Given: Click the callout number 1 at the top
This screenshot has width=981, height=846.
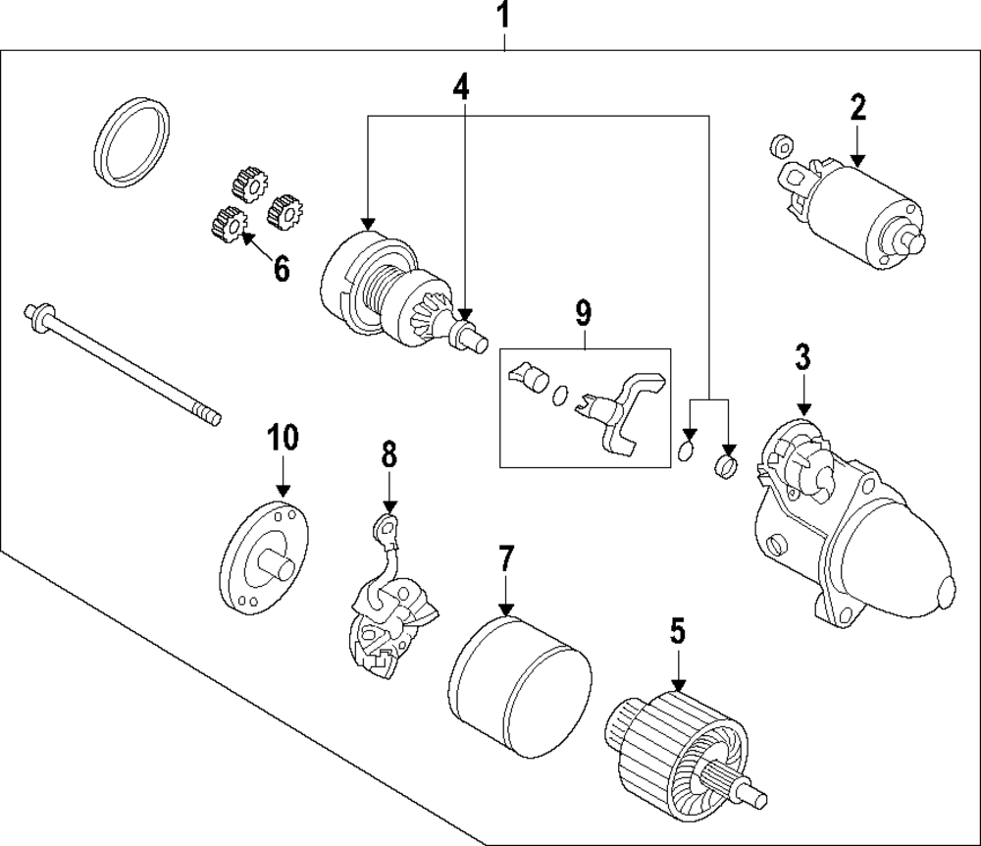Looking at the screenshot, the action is pos(503,16).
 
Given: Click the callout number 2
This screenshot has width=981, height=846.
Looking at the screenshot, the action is pos(857,107).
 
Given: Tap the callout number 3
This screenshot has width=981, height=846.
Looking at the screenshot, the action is pos(802,356).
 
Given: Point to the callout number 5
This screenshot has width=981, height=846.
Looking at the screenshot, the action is pos(678,631).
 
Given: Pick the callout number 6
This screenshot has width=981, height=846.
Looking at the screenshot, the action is pos(282,269).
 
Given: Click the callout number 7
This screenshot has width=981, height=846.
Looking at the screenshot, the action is pos(505,558).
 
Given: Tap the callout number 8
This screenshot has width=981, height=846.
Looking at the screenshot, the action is pos(389,453).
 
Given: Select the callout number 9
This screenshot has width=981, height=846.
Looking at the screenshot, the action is pos(583,313).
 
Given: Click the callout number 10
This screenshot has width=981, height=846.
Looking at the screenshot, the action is pos(283,437).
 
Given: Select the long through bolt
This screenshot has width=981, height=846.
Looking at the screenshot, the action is pos(123,364).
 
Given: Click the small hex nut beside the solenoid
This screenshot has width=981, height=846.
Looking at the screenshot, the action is pos(780,146).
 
